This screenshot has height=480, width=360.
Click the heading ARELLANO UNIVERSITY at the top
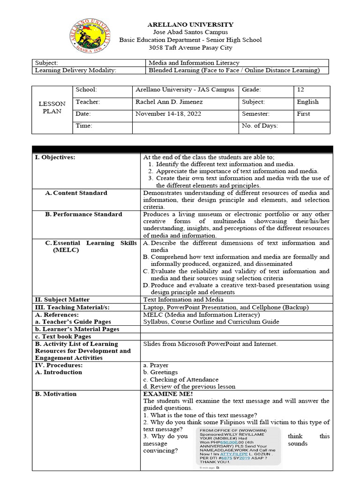[190, 24]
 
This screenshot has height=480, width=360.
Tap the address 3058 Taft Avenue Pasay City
[190, 47]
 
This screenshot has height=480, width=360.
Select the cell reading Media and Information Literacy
[194, 63]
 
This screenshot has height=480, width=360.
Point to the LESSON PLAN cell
[52, 107]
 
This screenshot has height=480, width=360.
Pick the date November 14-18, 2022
[165, 113]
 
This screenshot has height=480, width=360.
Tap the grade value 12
[300, 90]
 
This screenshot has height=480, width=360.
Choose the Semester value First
[303, 113]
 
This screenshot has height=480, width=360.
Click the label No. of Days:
[260, 126]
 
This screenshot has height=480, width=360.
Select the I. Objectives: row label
[55, 157]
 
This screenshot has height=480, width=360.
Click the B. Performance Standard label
[83, 214]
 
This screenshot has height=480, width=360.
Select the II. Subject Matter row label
[62, 300]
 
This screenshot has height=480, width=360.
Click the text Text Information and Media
[183, 300]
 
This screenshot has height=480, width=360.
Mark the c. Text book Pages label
[63, 337]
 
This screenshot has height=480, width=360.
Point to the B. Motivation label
[55, 394]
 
